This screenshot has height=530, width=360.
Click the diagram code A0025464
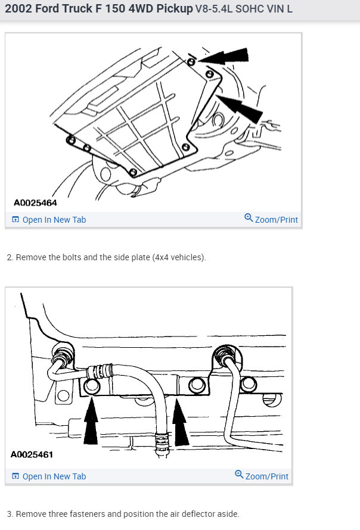34,202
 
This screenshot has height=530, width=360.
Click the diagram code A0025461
32,455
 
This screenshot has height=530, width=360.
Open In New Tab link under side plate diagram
54,220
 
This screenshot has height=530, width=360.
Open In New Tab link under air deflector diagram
54,476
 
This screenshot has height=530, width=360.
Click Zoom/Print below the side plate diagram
276,220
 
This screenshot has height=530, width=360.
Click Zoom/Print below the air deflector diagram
266,476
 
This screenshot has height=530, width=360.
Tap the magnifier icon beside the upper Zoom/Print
249,218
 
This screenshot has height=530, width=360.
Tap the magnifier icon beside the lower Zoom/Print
239,475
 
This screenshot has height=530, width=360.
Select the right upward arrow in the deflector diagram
181,423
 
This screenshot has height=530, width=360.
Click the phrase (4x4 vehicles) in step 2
178,257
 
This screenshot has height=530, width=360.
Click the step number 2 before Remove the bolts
10,257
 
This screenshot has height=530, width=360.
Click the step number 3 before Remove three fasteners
10,513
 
